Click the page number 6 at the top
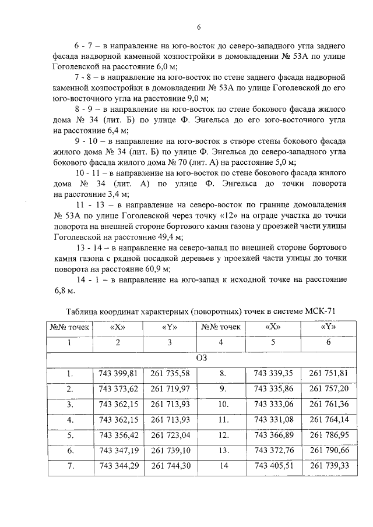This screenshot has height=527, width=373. [198, 27]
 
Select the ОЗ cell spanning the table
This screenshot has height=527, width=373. [202, 358]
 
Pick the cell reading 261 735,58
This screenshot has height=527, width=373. [170, 373]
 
